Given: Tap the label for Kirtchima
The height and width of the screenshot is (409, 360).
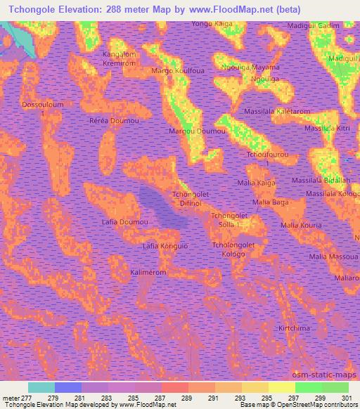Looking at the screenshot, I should [x=294, y=328].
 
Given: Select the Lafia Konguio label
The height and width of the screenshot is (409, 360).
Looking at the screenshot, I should [x=165, y=247].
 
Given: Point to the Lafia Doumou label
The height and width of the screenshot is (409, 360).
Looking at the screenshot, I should [x=124, y=221].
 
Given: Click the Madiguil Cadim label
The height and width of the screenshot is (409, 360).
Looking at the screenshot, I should [x=314, y=26].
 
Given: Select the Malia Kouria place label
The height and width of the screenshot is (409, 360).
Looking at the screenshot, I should [x=301, y=225].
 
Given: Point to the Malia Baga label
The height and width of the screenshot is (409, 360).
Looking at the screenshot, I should [x=271, y=202].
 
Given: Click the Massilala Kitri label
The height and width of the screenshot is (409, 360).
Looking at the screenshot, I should [x=326, y=129].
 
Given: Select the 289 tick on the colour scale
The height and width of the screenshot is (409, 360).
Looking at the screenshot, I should [x=187, y=398].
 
